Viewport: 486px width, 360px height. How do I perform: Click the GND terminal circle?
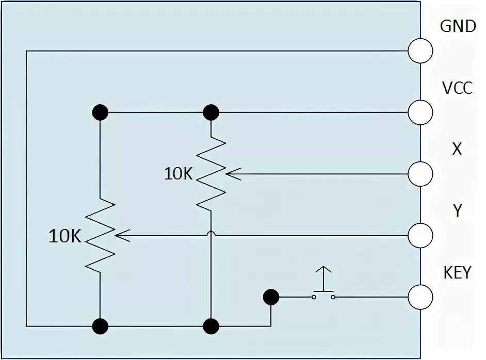tap(420, 51)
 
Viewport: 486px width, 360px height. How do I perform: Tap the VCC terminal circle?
tap(420, 111)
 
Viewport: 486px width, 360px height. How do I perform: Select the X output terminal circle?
tap(420, 174)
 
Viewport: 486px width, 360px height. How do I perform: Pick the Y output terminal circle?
tap(420, 236)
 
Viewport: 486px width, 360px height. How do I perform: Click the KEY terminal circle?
tap(420, 297)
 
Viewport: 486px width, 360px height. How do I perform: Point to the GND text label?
tap(457, 26)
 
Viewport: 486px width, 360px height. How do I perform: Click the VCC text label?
tap(457, 88)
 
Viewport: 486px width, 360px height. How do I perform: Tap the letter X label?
tap(457, 150)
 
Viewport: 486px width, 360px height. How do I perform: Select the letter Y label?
tap(457, 211)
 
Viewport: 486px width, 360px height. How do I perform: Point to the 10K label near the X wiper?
tap(178, 174)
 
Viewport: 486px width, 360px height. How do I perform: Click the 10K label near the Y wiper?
tap(65, 236)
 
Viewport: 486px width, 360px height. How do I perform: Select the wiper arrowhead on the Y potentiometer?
tap(120, 236)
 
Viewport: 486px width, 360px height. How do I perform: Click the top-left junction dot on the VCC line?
tap(100, 111)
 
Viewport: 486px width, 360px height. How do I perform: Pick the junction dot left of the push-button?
tap(270, 297)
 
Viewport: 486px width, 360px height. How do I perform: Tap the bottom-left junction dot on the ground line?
tap(100, 326)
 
